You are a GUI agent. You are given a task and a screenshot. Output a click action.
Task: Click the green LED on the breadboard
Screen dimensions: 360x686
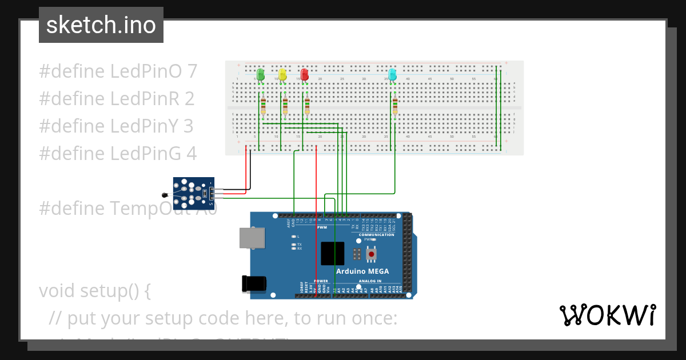(261, 75)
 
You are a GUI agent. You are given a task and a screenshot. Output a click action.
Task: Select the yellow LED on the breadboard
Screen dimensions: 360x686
(282, 75)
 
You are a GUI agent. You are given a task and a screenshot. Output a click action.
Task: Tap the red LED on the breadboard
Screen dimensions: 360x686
(304, 75)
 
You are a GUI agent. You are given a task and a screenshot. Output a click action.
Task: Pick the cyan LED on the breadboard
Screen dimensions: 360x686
(392, 75)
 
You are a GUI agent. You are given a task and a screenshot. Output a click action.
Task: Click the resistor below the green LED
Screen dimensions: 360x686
(263, 106)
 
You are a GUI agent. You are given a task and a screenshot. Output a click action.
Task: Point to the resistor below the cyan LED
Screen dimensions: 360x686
(394, 106)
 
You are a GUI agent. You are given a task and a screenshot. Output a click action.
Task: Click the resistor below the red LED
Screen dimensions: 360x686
(307, 106)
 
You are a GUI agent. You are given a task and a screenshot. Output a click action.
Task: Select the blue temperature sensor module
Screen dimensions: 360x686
(192, 193)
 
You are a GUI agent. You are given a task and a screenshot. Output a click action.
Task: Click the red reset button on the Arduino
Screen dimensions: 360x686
(372, 253)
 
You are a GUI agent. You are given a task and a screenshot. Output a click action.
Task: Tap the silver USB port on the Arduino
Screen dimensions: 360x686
(252, 238)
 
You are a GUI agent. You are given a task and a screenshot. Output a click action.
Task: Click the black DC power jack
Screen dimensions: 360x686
(254, 283)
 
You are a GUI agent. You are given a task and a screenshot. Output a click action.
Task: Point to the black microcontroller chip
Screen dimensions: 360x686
(332, 253)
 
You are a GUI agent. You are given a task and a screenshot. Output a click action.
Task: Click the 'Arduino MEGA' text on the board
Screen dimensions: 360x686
(362, 271)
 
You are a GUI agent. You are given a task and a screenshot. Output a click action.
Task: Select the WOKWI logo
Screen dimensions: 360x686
(607, 315)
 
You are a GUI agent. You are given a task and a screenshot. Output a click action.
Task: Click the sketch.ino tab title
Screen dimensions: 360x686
(101, 25)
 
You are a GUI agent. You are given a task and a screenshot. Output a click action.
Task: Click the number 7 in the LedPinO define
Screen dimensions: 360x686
(192, 71)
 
